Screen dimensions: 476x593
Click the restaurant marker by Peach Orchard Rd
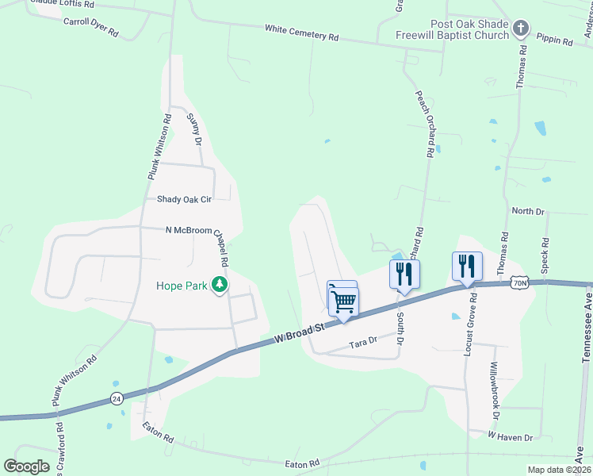[404, 274]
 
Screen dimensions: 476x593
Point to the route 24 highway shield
[117, 399]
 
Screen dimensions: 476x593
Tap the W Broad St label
[300, 333]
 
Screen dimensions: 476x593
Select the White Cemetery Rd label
[301, 33]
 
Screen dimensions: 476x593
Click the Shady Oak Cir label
[184, 199]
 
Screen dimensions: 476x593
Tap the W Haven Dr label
[510, 436]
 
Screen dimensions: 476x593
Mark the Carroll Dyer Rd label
[90, 25]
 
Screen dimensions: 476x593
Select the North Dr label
[528, 211]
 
